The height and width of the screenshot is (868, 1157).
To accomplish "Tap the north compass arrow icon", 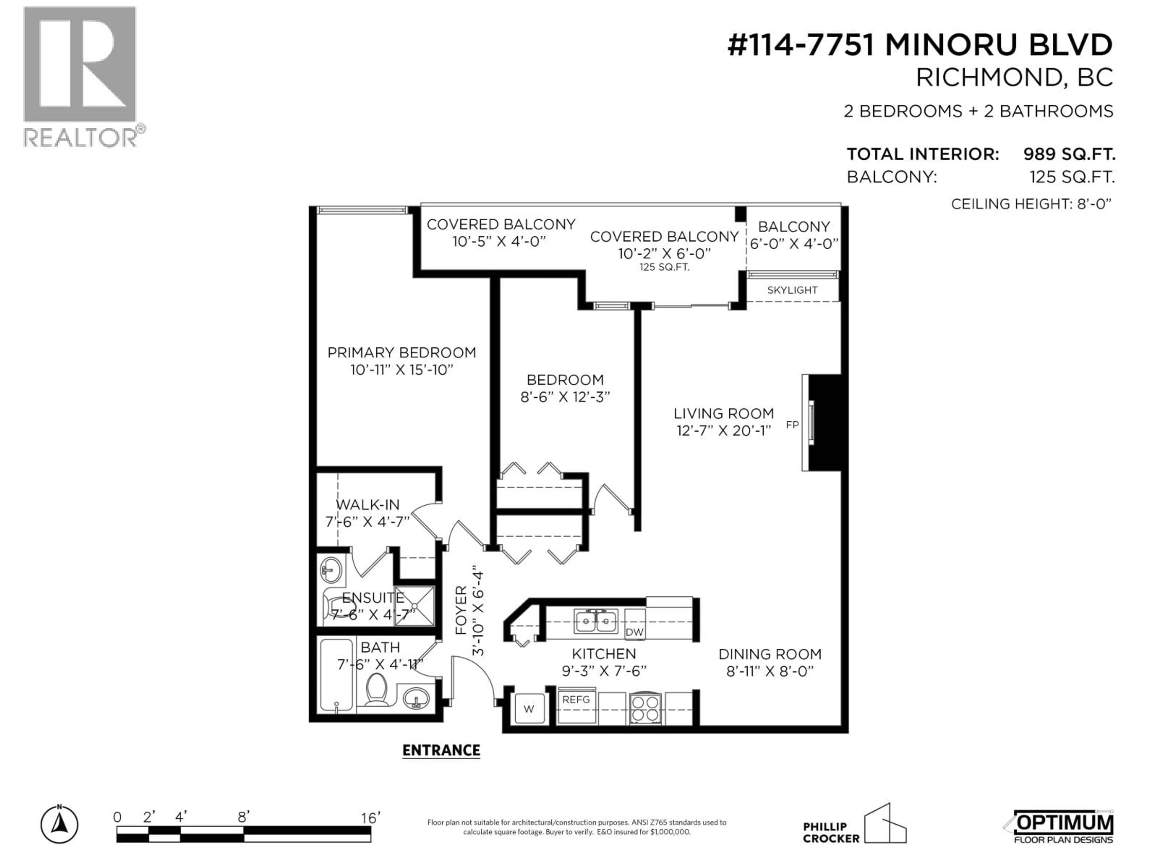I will point(60,825).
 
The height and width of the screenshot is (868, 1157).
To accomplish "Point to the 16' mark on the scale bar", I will point(370,818).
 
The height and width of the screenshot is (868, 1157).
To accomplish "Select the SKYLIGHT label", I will point(792,290).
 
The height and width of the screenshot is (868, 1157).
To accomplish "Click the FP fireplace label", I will point(792,425).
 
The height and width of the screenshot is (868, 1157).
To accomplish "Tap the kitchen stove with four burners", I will point(645,709).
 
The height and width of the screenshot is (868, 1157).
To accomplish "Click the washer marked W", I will point(529,709).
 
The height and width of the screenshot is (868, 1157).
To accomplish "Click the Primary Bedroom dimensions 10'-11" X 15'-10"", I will point(401,370).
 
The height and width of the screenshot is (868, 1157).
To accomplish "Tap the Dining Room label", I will point(770,654).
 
